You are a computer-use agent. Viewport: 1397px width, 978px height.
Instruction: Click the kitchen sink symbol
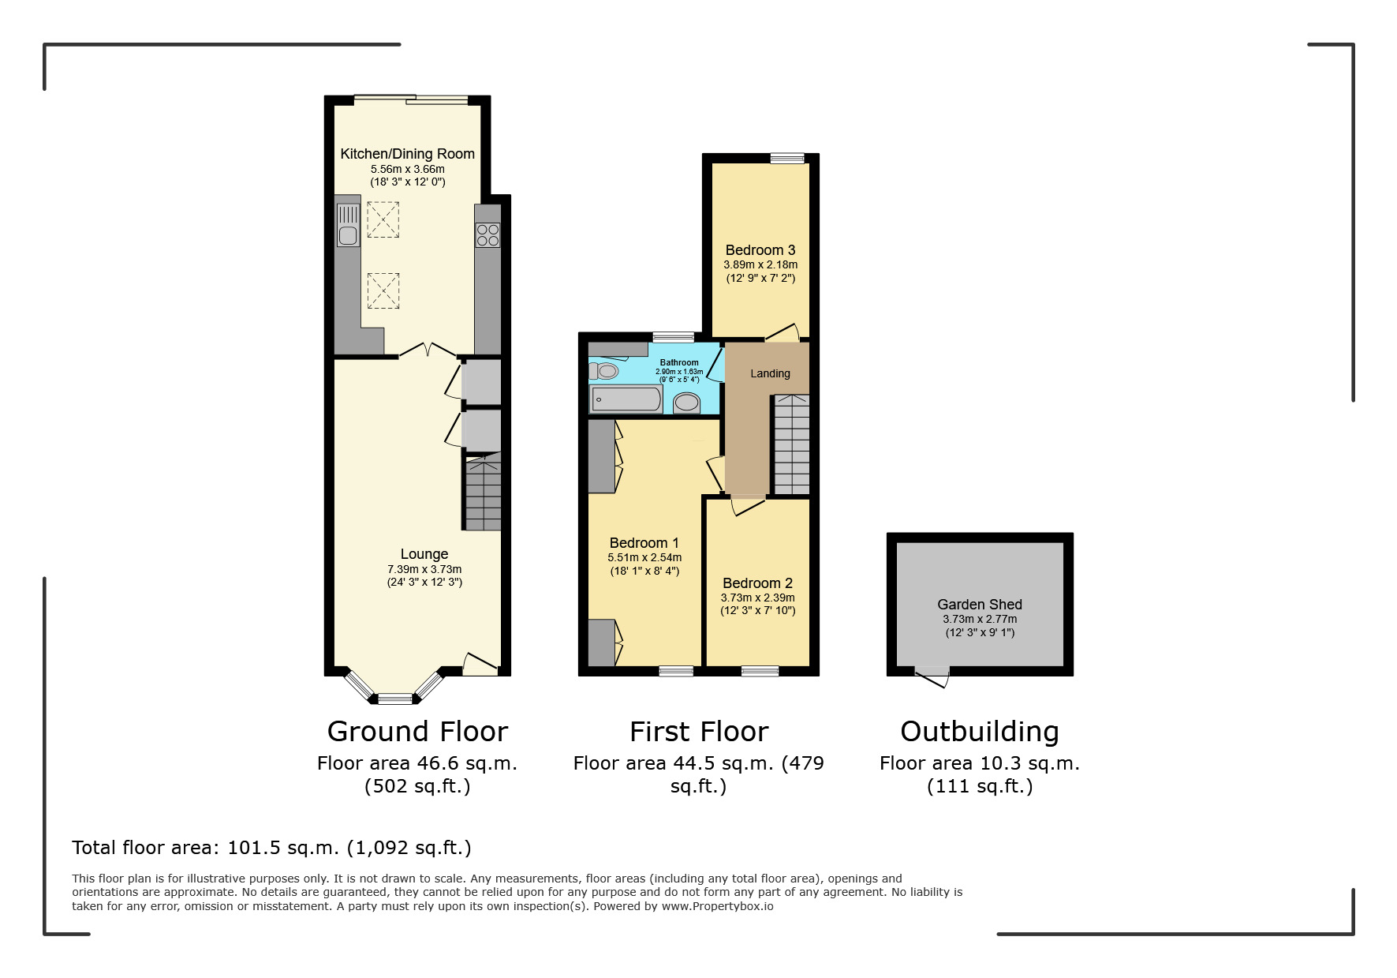[348, 225]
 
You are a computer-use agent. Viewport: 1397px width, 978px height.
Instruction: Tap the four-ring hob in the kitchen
[487, 234]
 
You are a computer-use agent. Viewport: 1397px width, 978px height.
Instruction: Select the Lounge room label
[424, 555]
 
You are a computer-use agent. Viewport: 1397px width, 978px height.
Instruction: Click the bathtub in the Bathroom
[626, 399]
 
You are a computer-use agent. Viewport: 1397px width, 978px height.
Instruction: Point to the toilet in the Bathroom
[604, 371]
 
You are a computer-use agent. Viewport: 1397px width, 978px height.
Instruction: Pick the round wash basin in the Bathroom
[687, 403]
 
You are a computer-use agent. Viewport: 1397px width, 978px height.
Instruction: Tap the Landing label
[770, 373]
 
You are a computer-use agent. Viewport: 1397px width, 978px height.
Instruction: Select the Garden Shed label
[979, 605]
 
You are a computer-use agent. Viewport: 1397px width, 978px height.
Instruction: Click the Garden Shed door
[933, 676]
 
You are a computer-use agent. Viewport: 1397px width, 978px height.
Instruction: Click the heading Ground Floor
[417, 732]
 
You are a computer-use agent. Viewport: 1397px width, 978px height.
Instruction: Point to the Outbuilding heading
[979, 732]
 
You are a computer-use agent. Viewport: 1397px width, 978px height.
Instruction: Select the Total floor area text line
[271, 848]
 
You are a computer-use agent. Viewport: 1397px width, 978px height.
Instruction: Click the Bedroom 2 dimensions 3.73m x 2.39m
[758, 598]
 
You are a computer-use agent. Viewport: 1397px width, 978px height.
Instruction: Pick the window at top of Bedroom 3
[786, 159]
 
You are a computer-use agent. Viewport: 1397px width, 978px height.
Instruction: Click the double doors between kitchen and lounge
[426, 351]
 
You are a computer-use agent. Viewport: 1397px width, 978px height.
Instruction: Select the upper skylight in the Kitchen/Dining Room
[383, 219]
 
